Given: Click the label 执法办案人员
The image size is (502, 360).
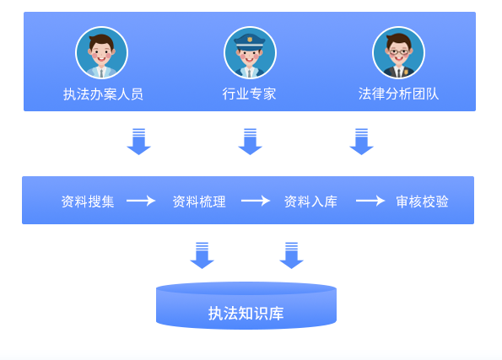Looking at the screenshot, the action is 103,94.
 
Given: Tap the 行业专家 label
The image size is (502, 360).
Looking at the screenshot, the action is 249,94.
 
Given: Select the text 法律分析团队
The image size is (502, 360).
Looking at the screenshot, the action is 398,94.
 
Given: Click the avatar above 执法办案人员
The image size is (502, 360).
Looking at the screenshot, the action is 101,52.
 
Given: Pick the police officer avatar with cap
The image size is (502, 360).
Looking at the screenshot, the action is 250,52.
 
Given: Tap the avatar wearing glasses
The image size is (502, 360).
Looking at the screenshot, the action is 398,52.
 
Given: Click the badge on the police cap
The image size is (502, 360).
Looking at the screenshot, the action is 250,40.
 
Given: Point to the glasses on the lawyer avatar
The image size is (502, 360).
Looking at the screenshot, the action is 398,51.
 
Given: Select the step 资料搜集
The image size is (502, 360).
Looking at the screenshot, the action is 88,201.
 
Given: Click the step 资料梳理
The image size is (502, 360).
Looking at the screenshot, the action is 199,201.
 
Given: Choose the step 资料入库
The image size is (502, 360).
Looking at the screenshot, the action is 310,201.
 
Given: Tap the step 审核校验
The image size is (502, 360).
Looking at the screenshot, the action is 422,201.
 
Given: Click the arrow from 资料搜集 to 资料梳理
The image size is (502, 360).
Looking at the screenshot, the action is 141,201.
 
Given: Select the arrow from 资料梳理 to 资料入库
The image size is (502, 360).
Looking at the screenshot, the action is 256,201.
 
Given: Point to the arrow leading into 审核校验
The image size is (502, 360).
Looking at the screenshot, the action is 370,201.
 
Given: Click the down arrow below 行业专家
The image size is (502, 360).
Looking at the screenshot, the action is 250,142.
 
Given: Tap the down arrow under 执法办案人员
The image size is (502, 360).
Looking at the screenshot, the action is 138,142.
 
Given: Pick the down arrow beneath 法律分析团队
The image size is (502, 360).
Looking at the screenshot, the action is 361,142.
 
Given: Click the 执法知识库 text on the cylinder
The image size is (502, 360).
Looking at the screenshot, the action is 246,314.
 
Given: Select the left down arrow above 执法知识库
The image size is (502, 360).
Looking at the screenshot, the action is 202,255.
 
